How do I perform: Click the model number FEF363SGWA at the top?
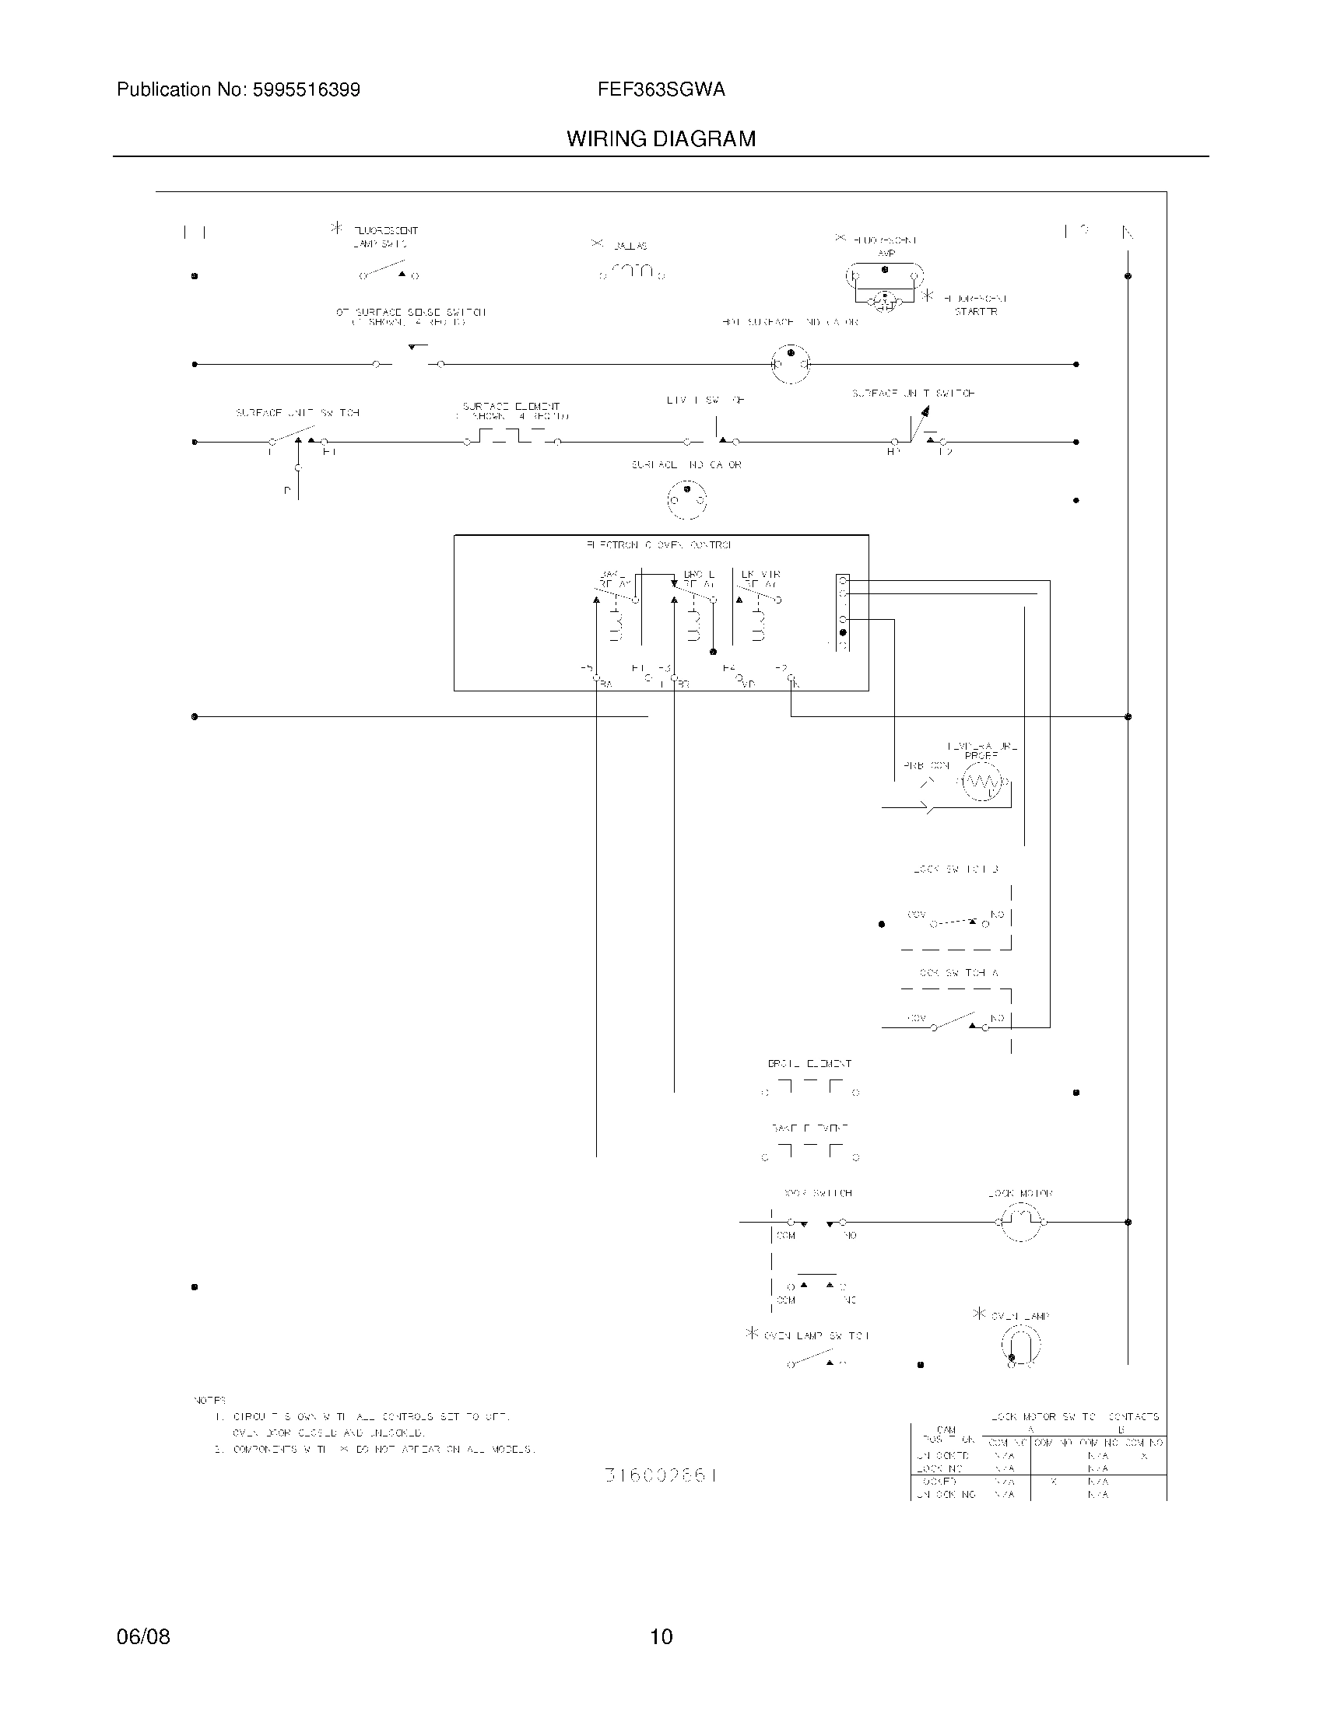pos(661,90)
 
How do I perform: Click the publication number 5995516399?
pos(306,90)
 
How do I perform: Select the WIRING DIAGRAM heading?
pos(661,139)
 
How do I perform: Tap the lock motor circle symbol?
pos(1019,1221)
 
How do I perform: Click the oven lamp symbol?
pos(1020,1346)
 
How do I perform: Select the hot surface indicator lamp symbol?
pos(790,364)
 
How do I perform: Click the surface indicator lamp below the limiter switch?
pos(686,499)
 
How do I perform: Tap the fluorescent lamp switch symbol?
pos(389,271)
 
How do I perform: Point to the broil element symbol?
pos(810,1087)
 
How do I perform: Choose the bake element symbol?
pos(810,1152)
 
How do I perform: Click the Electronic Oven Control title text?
pos(659,544)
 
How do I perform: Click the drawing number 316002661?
pos(661,1475)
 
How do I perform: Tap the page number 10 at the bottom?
pos(661,1636)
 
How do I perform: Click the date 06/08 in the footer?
pos(142,1636)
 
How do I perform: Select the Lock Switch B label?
pos(956,869)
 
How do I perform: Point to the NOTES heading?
pos(209,1400)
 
